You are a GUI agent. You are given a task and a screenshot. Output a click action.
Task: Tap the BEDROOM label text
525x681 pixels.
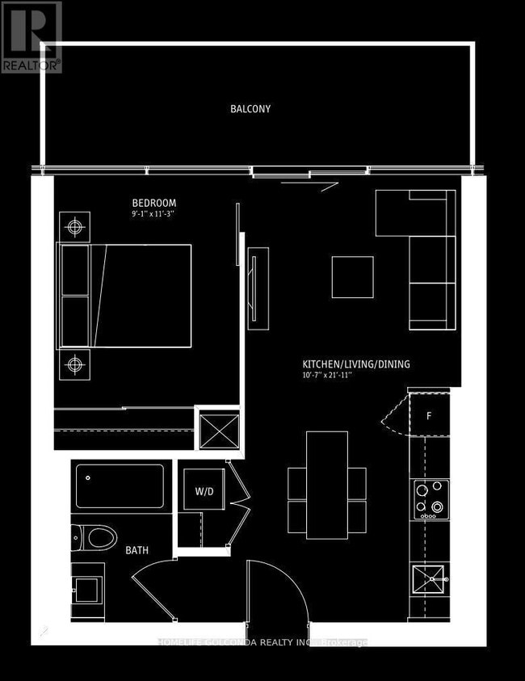click(x=153, y=203)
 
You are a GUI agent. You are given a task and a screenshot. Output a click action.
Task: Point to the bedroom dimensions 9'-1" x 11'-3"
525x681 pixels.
click(x=153, y=215)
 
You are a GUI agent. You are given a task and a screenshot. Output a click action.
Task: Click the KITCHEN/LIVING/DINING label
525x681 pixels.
click(x=355, y=364)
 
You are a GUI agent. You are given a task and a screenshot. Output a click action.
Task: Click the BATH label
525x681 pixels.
click(x=136, y=551)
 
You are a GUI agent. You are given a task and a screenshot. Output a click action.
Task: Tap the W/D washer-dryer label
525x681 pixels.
click(x=203, y=491)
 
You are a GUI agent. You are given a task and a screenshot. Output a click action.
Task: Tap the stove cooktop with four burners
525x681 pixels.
click(x=430, y=499)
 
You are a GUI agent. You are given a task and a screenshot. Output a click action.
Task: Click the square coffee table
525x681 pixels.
click(x=352, y=277)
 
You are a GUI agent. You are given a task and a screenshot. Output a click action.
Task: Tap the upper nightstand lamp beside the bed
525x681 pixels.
click(x=76, y=226)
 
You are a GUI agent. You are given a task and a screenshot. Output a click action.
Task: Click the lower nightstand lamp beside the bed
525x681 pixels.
click(x=76, y=364)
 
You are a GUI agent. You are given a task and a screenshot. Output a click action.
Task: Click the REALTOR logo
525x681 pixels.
click(x=31, y=37)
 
